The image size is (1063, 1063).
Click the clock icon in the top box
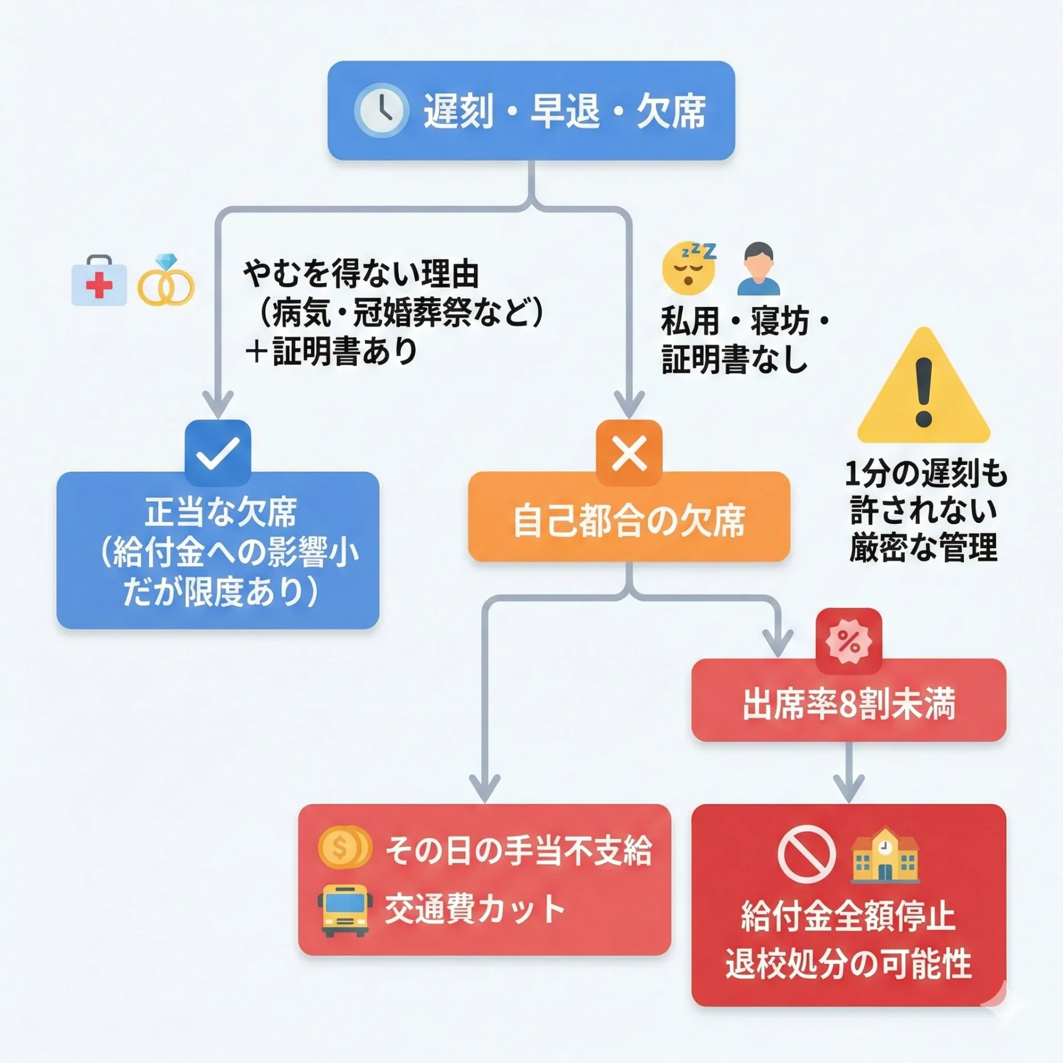click(381, 110)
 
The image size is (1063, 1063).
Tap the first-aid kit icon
click(99, 281)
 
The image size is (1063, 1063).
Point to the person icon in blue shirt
click(758, 270)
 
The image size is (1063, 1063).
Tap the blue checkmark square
click(218, 453)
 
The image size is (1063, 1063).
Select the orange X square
click(629, 453)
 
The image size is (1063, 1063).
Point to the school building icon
click(884, 854)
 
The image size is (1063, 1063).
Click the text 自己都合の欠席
click(629, 521)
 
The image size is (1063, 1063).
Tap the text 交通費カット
click(474, 910)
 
